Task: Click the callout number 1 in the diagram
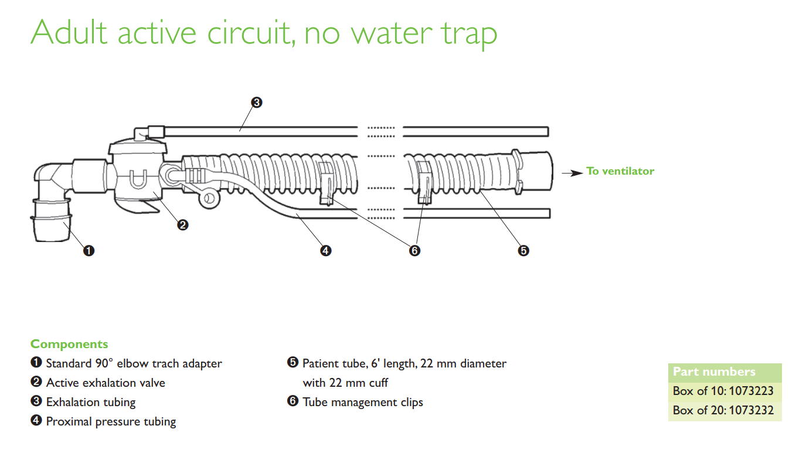tap(89, 251)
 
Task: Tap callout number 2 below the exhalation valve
tap(183, 224)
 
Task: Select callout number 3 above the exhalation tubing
tap(256, 103)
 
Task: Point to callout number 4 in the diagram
tap(325, 251)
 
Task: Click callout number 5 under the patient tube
tap(523, 251)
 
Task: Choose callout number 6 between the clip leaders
tap(414, 251)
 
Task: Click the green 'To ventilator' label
tap(620, 171)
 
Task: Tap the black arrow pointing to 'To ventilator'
tap(572, 173)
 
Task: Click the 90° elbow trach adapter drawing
tap(51, 199)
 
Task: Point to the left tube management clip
tap(326, 183)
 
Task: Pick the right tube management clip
tap(424, 183)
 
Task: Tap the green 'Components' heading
tap(69, 344)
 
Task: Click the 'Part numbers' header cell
tap(714, 372)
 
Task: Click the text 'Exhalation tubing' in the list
tap(91, 402)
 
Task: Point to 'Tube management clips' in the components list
tap(362, 402)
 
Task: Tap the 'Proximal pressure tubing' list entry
tap(111, 421)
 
